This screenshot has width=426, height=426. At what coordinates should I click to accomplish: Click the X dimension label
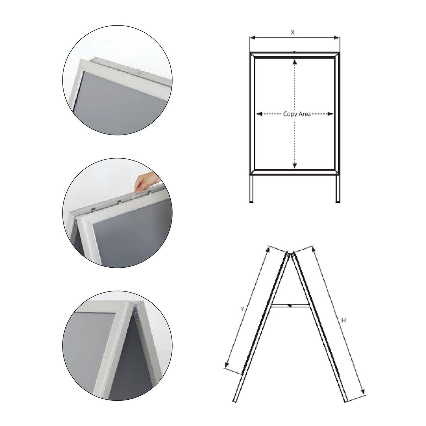pos(293,33)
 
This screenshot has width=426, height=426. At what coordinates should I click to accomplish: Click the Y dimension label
pos(242,309)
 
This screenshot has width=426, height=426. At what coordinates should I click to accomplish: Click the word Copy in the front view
pos(290,114)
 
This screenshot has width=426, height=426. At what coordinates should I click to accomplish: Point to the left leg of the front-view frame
pos(251,189)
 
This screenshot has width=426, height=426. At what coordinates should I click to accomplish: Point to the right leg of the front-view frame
pos(338,189)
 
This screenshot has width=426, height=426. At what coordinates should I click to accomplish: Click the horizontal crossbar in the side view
pos(290,306)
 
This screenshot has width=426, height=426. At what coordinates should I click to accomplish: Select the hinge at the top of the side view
pos(290,254)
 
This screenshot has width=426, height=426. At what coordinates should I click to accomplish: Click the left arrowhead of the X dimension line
pos(253,38)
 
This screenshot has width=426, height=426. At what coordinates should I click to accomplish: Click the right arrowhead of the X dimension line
pos(337,38)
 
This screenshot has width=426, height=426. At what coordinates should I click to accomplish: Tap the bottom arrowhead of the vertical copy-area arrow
pos(294,165)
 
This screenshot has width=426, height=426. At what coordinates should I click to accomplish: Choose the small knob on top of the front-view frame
pos(294,51)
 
